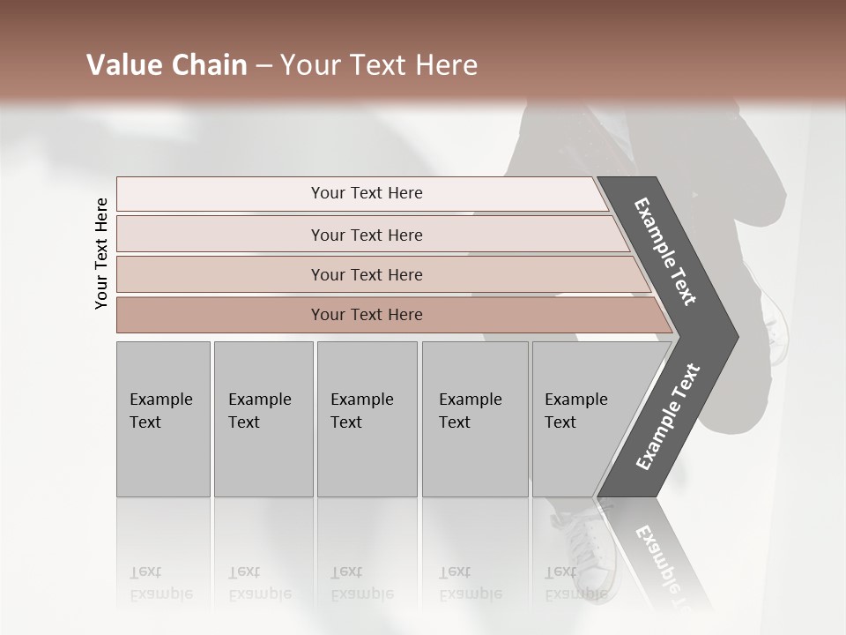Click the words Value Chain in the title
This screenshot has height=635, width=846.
tap(167, 65)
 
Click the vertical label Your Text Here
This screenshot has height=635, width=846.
tap(101, 253)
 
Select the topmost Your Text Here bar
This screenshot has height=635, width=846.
tap(366, 193)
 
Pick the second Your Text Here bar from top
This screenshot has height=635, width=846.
tap(366, 235)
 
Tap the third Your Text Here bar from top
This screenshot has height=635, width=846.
tap(366, 274)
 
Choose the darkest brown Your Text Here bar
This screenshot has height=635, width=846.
tap(366, 315)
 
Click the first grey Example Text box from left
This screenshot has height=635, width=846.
tap(163, 419)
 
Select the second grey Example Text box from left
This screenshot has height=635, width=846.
tap(263, 419)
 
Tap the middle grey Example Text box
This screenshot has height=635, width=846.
tap(367, 419)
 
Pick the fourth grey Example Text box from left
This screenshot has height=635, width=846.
tap(474, 419)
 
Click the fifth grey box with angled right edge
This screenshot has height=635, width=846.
tap(582, 419)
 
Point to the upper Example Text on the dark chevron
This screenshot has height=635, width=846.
tap(665, 251)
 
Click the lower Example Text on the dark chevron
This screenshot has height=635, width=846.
tap(668, 417)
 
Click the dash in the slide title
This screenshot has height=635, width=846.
tap(263, 65)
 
